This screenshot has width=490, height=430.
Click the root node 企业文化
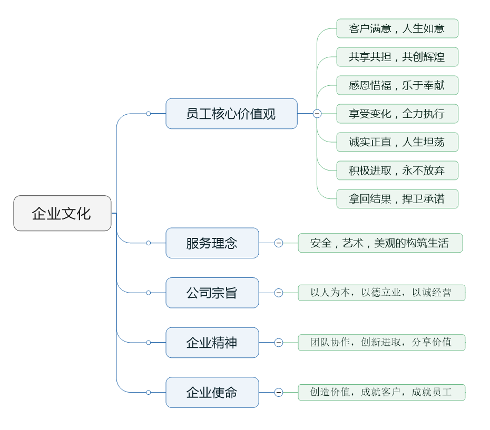tap(62, 213)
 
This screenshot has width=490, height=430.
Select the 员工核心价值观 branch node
tap(231, 114)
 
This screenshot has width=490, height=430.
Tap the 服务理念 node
tap(212, 243)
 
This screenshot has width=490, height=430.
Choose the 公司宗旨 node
tap(212, 293)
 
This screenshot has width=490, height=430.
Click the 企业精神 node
tap(212, 343)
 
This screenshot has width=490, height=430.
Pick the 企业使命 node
tap(212, 392)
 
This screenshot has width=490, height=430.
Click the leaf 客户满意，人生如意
tap(397, 28)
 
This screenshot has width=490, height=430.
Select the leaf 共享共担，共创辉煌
tap(397, 57)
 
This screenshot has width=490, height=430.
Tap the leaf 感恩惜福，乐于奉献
tap(397, 85)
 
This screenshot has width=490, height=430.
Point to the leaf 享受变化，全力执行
tap(397, 114)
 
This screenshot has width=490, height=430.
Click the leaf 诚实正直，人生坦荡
tap(397, 142)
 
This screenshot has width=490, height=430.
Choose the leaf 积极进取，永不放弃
tap(397, 171)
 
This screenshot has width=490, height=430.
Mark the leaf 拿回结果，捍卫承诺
tap(397, 199)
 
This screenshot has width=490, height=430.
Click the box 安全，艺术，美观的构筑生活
tap(380, 243)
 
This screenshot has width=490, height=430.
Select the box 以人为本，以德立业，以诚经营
tap(381, 293)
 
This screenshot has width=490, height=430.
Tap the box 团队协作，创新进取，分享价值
tap(381, 343)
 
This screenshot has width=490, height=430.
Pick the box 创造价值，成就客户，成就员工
tap(381, 392)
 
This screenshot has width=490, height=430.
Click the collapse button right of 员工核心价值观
tap(317, 114)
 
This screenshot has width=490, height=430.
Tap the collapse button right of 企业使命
tap(279, 392)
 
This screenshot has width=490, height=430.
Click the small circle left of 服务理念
tap(149, 243)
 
